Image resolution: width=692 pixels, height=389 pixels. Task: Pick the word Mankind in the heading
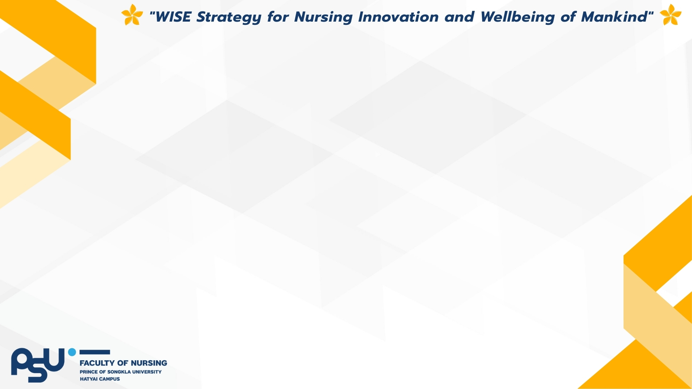tap(614, 17)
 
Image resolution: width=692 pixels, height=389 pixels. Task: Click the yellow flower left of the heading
tap(132, 15)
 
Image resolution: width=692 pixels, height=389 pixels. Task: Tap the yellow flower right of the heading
tap(670, 15)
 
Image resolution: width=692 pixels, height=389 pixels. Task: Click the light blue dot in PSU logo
tap(72, 352)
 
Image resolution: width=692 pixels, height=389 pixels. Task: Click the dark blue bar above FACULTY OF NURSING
tap(94, 352)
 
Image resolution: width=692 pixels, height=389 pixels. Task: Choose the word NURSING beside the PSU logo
tap(149, 363)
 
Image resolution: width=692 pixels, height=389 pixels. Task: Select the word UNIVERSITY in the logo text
tap(147, 372)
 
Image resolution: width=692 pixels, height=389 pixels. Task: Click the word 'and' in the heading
tap(459, 17)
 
